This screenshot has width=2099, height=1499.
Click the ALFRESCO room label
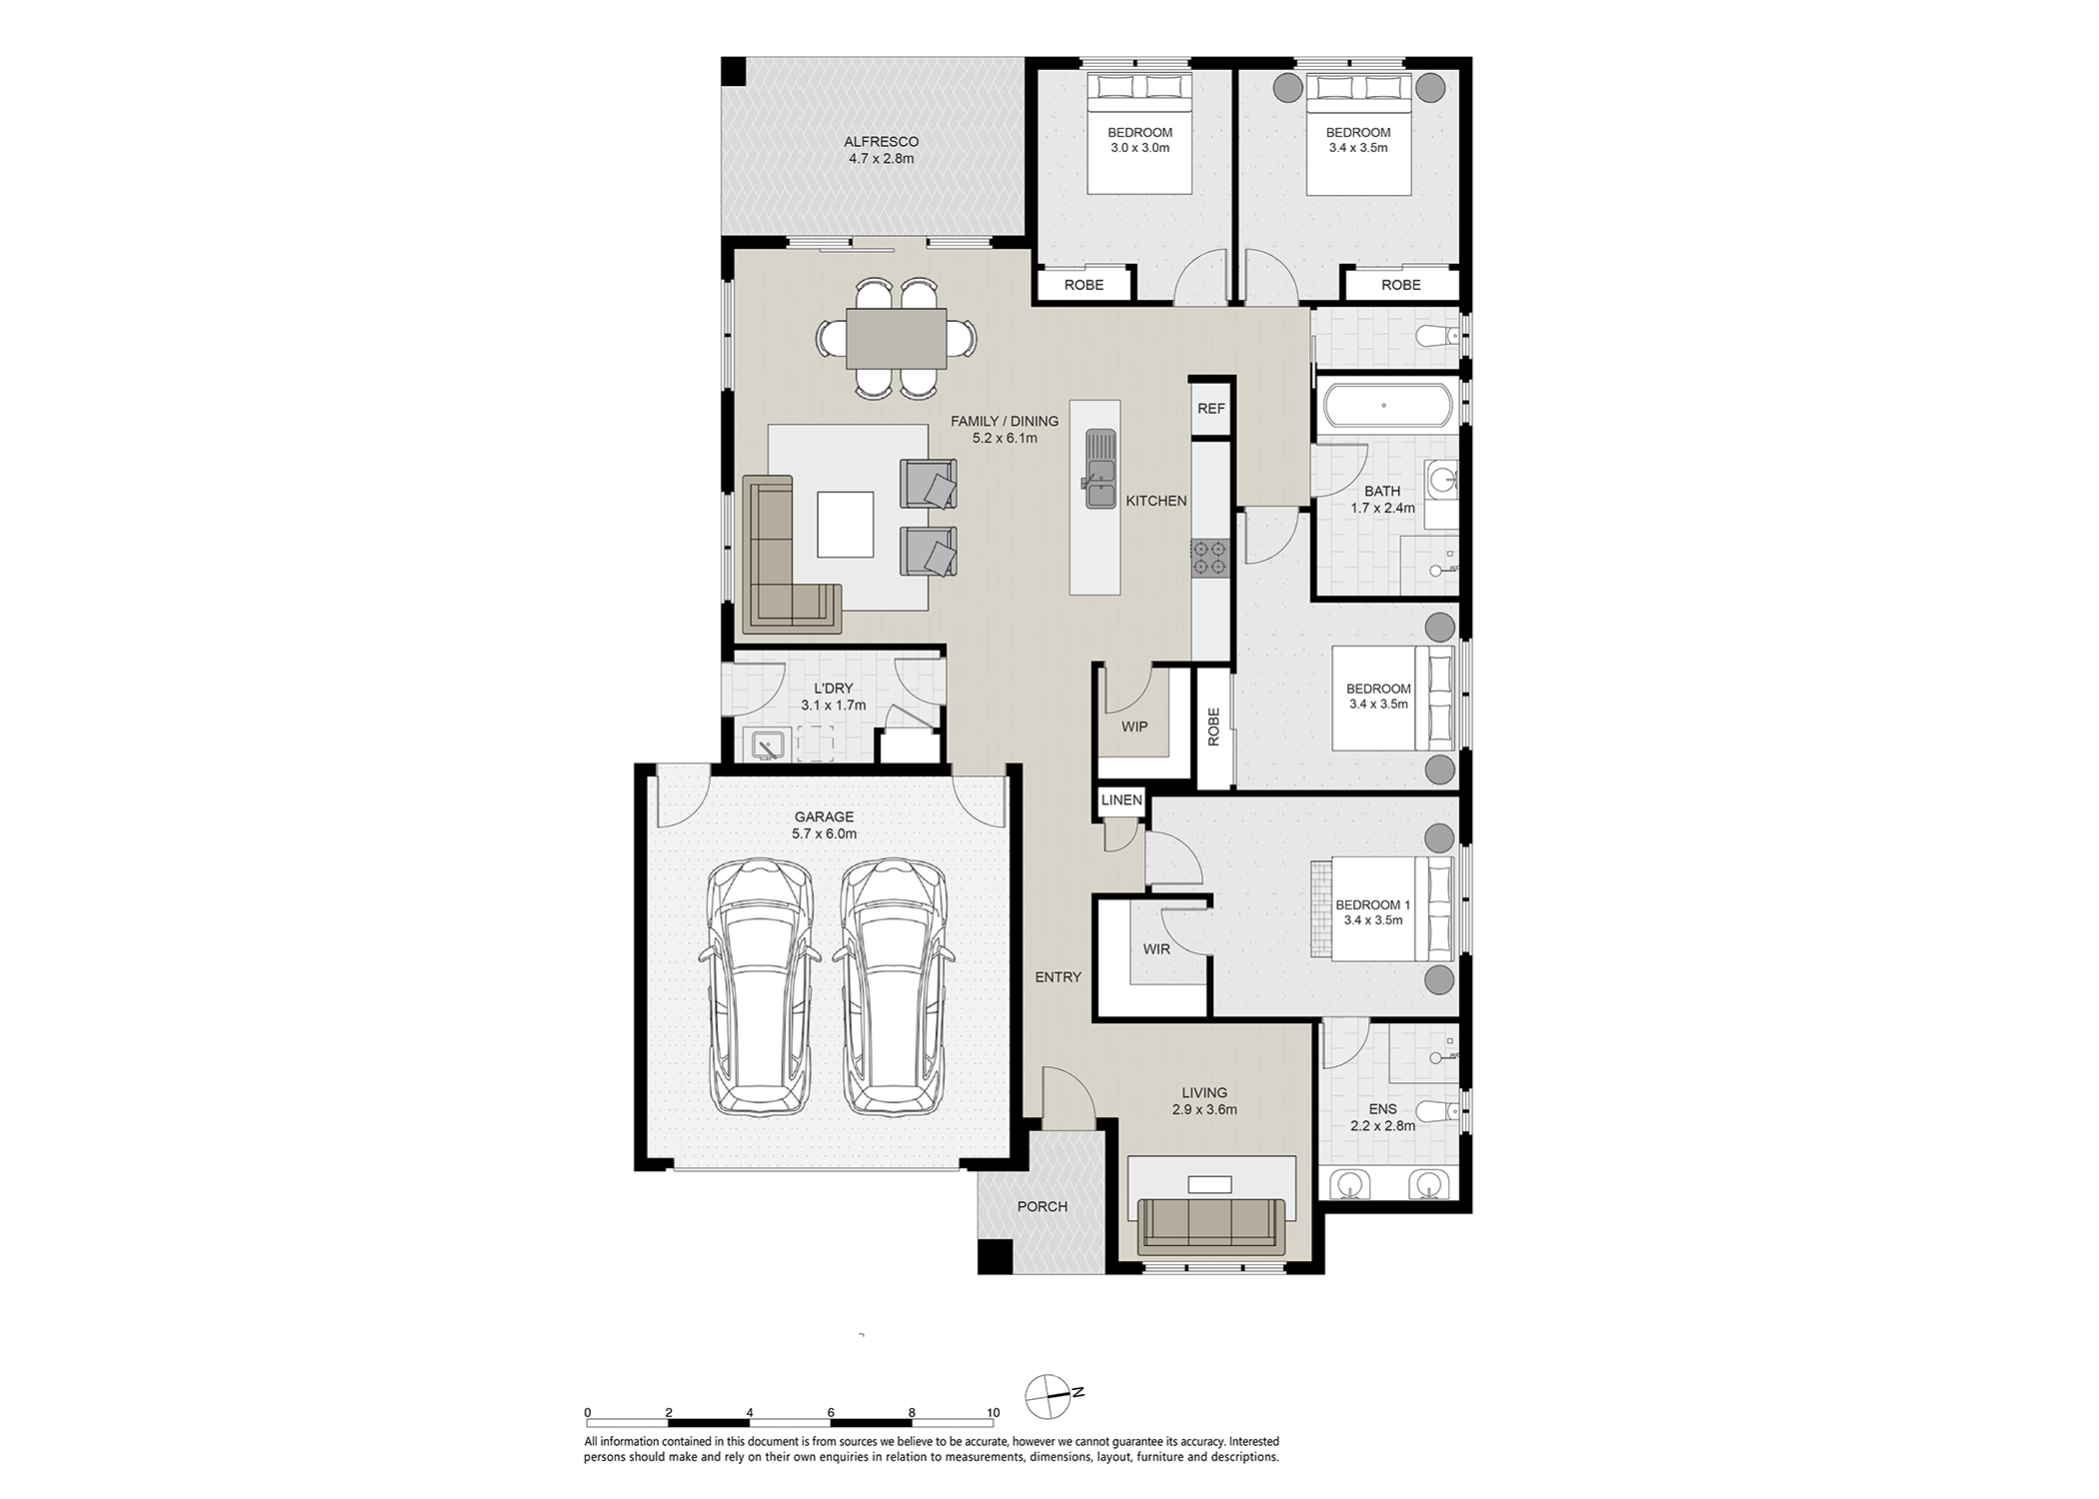click(881, 142)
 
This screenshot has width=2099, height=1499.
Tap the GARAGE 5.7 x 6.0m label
click(825, 825)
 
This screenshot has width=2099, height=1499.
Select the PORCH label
click(1043, 1206)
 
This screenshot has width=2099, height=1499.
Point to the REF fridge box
click(1211, 409)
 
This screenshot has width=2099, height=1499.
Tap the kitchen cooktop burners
click(1208, 558)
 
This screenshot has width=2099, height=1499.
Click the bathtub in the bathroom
click(1383, 406)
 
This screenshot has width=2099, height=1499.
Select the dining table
click(897, 338)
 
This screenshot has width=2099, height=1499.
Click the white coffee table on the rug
click(846, 524)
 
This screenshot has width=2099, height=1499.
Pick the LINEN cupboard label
click(1121, 799)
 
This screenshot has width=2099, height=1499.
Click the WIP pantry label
click(1134, 727)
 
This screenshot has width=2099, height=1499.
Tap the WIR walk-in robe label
click(1156, 948)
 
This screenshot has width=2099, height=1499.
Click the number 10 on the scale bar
click(993, 1412)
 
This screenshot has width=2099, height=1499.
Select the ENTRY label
click(1058, 977)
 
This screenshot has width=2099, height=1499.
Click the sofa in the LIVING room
click(1211, 1226)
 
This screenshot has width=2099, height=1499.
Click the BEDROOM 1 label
click(1373, 905)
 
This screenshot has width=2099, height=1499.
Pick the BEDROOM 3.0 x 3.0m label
click(1140, 140)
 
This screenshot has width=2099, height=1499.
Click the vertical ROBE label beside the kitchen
click(1214, 727)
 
